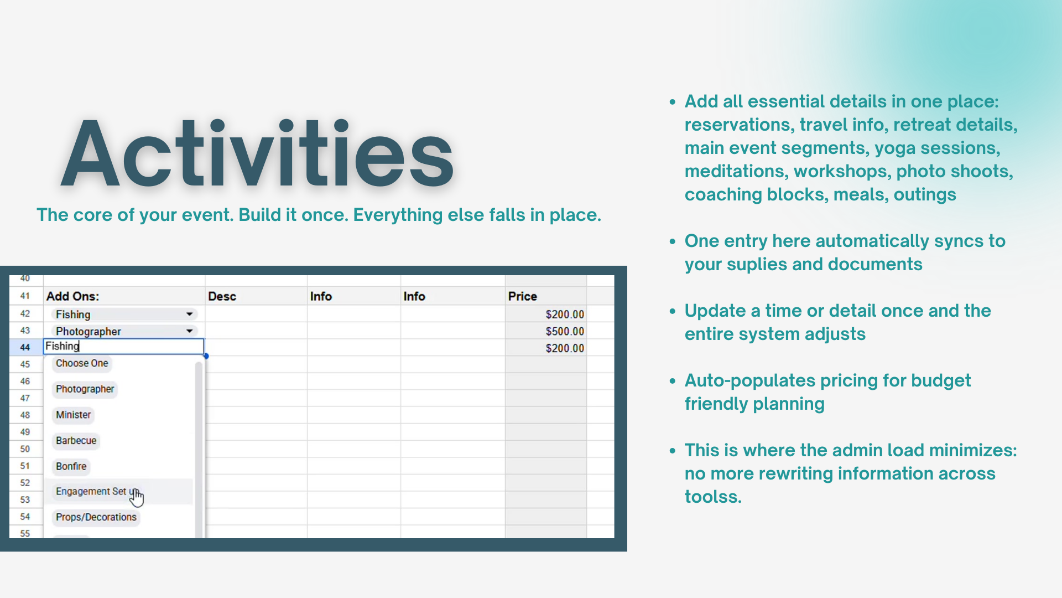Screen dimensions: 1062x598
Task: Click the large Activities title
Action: (257, 153)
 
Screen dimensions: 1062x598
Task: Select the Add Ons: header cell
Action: (72, 296)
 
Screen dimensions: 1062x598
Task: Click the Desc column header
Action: (222, 296)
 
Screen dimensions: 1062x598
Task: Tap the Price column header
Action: (522, 296)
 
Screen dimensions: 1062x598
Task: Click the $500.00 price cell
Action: (565, 331)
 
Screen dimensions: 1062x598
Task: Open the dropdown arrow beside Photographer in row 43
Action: (189, 331)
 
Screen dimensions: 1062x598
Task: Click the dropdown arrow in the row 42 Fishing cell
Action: (189, 314)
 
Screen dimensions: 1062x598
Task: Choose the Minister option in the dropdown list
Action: (73, 415)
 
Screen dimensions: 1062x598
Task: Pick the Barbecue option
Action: (76, 441)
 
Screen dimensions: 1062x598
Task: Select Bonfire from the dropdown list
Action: (71, 466)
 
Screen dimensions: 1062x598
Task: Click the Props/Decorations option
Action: (96, 517)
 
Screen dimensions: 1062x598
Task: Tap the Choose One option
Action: (82, 363)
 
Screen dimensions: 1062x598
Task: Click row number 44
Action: (25, 347)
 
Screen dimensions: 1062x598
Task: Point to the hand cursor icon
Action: (136, 497)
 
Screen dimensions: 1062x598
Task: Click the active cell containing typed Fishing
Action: (124, 347)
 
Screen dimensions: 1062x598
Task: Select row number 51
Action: (25, 466)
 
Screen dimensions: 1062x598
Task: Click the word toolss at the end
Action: (713, 497)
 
